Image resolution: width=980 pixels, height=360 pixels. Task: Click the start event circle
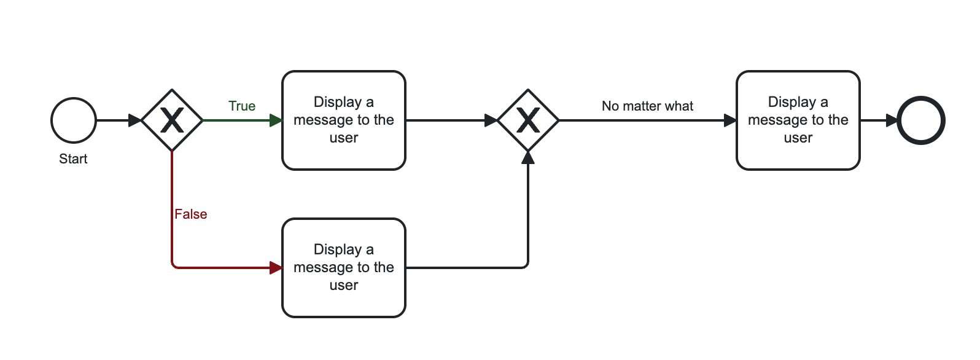pyautogui.click(x=74, y=120)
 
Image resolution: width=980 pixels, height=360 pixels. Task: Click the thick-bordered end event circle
pyautogui.click(x=921, y=120)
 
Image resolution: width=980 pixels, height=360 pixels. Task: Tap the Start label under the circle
pyautogui.click(x=73, y=159)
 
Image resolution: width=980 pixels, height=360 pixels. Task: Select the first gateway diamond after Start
pyautogui.click(x=172, y=120)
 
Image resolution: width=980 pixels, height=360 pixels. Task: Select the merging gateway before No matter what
pyautogui.click(x=528, y=120)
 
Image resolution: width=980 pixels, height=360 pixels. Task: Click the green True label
pyautogui.click(x=242, y=106)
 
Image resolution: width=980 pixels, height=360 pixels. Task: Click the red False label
pyautogui.click(x=191, y=214)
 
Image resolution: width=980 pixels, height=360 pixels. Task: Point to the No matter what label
pyautogui.click(x=647, y=106)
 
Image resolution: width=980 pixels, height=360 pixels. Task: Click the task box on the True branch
pyautogui.click(x=344, y=120)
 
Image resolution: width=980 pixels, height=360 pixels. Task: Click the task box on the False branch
pyautogui.click(x=344, y=268)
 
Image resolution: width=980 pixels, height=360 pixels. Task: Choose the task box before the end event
pyautogui.click(x=798, y=120)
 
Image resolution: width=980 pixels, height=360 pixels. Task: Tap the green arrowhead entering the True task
pyautogui.click(x=276, y=120)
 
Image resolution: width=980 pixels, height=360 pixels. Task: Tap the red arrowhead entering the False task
pyautogui.click(x=276, y=268)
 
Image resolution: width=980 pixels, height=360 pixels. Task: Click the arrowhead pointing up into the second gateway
pyautogui.click(x=528, y=157)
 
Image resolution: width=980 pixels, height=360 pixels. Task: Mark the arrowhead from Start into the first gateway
pyautogui.click(x=135, y=120)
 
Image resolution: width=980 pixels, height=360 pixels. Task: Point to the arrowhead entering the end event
pyautogui.click(x=892, y=120)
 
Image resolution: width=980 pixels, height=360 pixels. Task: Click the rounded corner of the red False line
pyautogui.click(x=174, y=266)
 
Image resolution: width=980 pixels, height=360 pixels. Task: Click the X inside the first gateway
pyautogui.click(x=172, y=120)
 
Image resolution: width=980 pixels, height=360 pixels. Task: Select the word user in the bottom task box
pyautogui.click(x=344, y=286)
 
